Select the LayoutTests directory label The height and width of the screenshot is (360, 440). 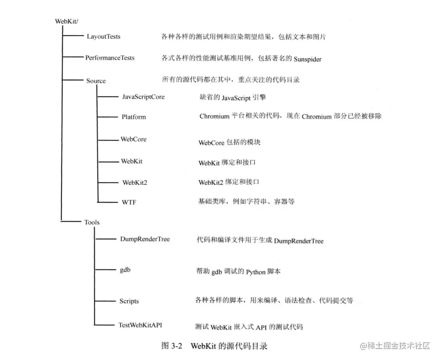[x=103, y=37]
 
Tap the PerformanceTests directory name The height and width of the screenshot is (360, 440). [x=110, y=58]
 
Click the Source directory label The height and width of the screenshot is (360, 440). [x=96, y=81]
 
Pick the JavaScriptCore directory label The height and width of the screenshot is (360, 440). [x=143, y=96]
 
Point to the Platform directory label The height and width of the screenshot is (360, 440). [x=134, y=117]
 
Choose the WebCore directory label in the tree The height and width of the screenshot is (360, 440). [x=134, y=139]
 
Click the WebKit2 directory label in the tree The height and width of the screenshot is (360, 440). [x=135, y=182]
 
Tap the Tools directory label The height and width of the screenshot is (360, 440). [x=92, y=222]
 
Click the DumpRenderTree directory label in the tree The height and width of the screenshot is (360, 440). [x=145, y=239]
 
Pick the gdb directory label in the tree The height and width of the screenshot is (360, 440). [x=125, y=270]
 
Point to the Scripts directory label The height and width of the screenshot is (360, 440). [x=129, y=301]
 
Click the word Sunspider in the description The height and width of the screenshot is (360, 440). [x=308, y=59]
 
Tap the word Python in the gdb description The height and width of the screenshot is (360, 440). [x=255, y=272]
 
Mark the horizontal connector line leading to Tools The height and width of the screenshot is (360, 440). [x=69, y=222]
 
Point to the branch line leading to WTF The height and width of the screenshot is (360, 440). [x=107, y=202]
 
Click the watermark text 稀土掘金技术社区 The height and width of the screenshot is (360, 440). [x=398, y=346]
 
